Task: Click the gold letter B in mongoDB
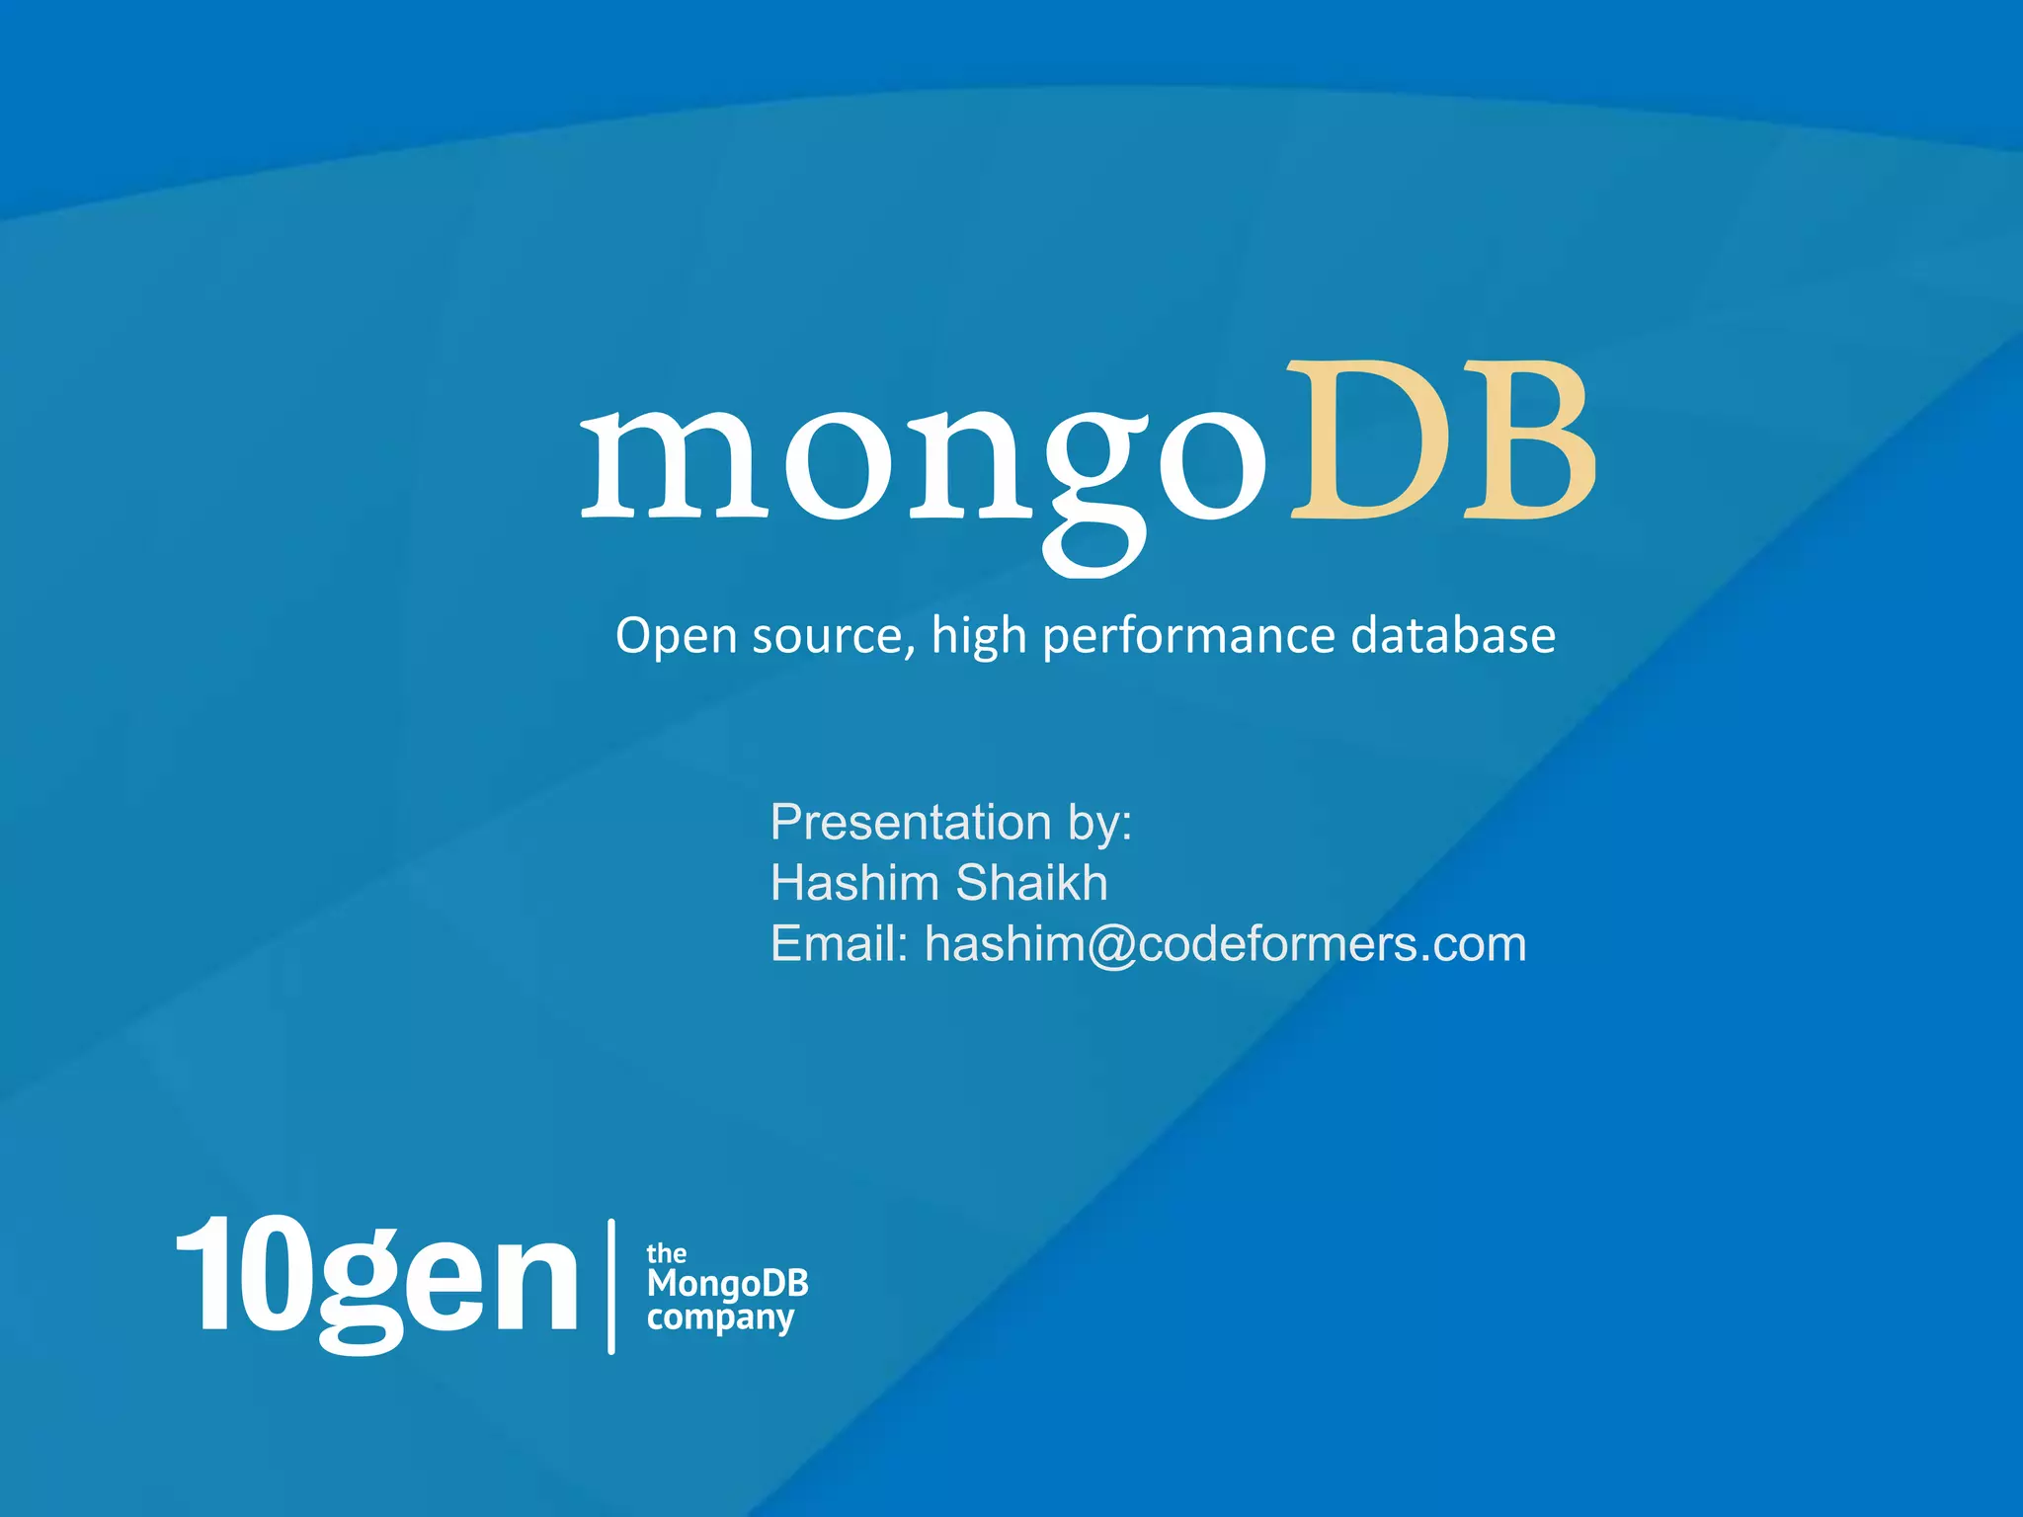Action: pos(1525,441)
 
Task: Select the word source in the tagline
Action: pos(826,636)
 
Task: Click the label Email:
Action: pos(839,943)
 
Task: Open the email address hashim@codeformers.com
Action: pos(1225,944)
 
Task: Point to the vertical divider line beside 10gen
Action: pos(611,1286)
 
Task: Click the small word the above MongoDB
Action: pos(666,1253)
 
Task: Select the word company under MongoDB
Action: pos(720,1318)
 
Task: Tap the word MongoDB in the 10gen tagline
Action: pos(728,1284)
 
